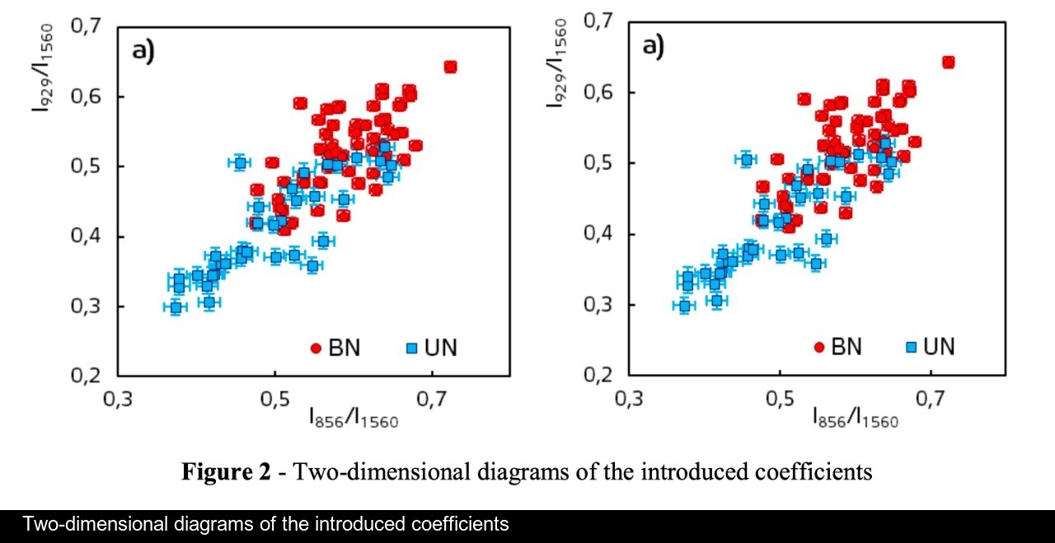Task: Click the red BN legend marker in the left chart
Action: [x=315, y=349]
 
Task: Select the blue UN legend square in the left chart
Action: [x=410, y=349]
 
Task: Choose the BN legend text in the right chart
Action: [x=846, y=346]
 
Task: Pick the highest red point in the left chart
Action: [x=450, y=67]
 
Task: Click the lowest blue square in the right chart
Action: [x=683, y=306]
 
